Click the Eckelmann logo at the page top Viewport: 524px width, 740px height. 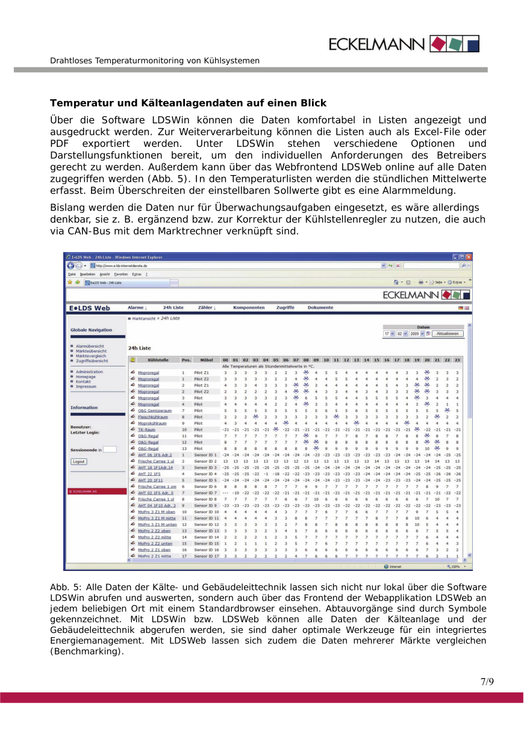point(404,44)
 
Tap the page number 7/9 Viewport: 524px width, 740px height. point(487,682)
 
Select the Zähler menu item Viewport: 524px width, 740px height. point(207,307)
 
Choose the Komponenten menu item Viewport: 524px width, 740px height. point(249,307)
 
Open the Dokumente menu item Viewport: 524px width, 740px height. point(320,307)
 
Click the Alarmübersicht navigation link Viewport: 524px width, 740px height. point(90,346)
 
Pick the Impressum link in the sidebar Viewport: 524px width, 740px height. point(86,387)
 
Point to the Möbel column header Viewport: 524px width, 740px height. point(207,360)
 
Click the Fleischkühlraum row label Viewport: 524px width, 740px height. point(152,417)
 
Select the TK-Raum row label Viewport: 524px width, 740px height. point(146,430)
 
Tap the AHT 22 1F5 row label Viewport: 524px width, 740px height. point(149,474)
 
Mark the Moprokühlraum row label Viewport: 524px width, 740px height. point(152,424)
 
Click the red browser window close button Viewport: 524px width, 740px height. point(469,257)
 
